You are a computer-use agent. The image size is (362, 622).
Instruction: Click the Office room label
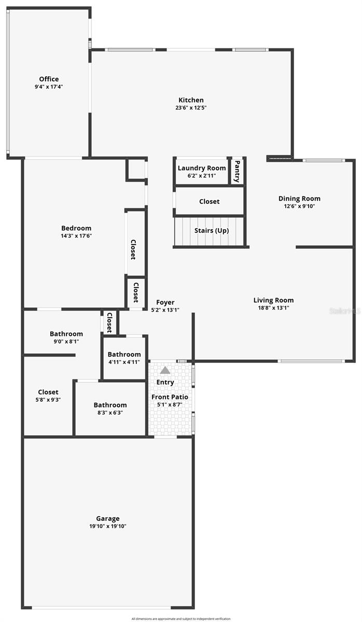49,79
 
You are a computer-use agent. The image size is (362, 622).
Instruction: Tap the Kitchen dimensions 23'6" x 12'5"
191,108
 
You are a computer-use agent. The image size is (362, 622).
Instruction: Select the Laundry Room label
202,168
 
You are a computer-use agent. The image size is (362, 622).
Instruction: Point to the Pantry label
237,171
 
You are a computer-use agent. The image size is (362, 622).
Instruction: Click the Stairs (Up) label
211,231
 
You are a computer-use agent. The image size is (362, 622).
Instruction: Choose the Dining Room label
299,199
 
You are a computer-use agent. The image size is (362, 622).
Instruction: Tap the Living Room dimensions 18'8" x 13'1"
273,307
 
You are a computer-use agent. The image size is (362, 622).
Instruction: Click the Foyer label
165,303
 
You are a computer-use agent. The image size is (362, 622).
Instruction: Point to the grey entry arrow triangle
165,370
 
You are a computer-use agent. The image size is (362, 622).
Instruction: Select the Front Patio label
170,397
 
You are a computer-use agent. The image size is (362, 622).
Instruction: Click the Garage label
108,518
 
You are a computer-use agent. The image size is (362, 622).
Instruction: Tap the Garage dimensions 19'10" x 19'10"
108,526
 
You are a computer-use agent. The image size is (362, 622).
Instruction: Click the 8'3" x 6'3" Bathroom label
110,405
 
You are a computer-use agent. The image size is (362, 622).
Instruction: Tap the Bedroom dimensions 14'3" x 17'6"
76,236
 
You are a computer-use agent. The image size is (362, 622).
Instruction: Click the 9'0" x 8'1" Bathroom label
66,334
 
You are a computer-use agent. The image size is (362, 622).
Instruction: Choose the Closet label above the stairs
209,202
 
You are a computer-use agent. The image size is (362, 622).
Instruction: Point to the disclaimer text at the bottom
180,618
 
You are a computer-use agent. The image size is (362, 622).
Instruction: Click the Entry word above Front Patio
165,383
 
